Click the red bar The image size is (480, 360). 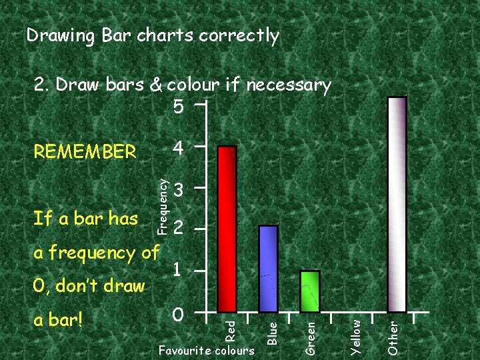point(227,229)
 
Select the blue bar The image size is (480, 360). point(268,268)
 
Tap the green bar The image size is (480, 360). point(311,291)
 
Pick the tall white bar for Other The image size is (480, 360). point(397,204)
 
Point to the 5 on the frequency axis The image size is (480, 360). point(177,107)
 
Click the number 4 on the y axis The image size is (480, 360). point(177,147)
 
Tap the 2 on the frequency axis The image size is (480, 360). point(177,229)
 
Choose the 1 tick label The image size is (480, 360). point(177,270)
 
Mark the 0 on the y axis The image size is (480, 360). point(177,313)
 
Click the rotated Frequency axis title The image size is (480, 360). point(161,200)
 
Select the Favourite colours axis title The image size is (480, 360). point(207,350)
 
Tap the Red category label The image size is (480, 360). point(229,328)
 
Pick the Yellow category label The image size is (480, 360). point(356,335)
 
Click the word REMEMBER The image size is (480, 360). point(85,152)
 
